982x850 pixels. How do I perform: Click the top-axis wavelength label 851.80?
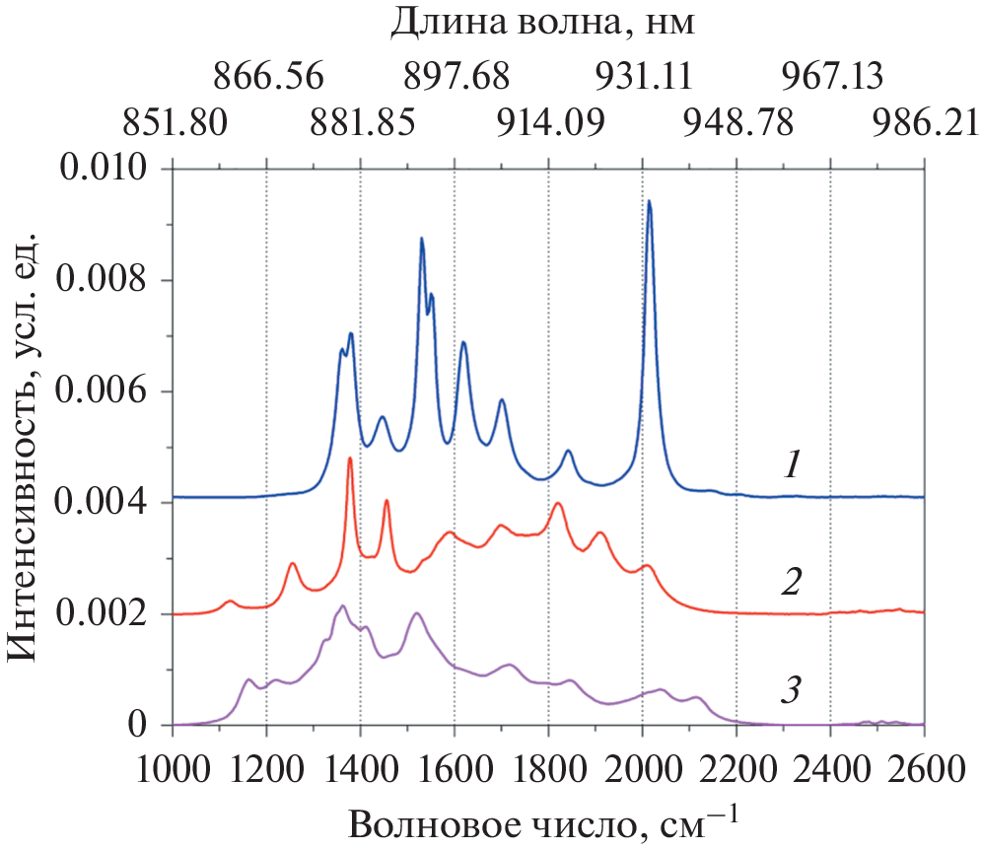pyautogui.click(x=175, y=123)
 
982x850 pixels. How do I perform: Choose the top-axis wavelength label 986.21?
pyautogui.click(x=924, y=123)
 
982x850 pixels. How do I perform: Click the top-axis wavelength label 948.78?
pyautogui.click(x=736, y=123)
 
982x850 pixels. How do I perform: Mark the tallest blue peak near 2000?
pyautogui.click(x=649, y=202)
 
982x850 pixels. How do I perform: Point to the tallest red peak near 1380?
pyautogui.click(x=350, y=459)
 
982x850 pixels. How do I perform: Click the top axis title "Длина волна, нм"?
pyautogui.click(x=543, y=22)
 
